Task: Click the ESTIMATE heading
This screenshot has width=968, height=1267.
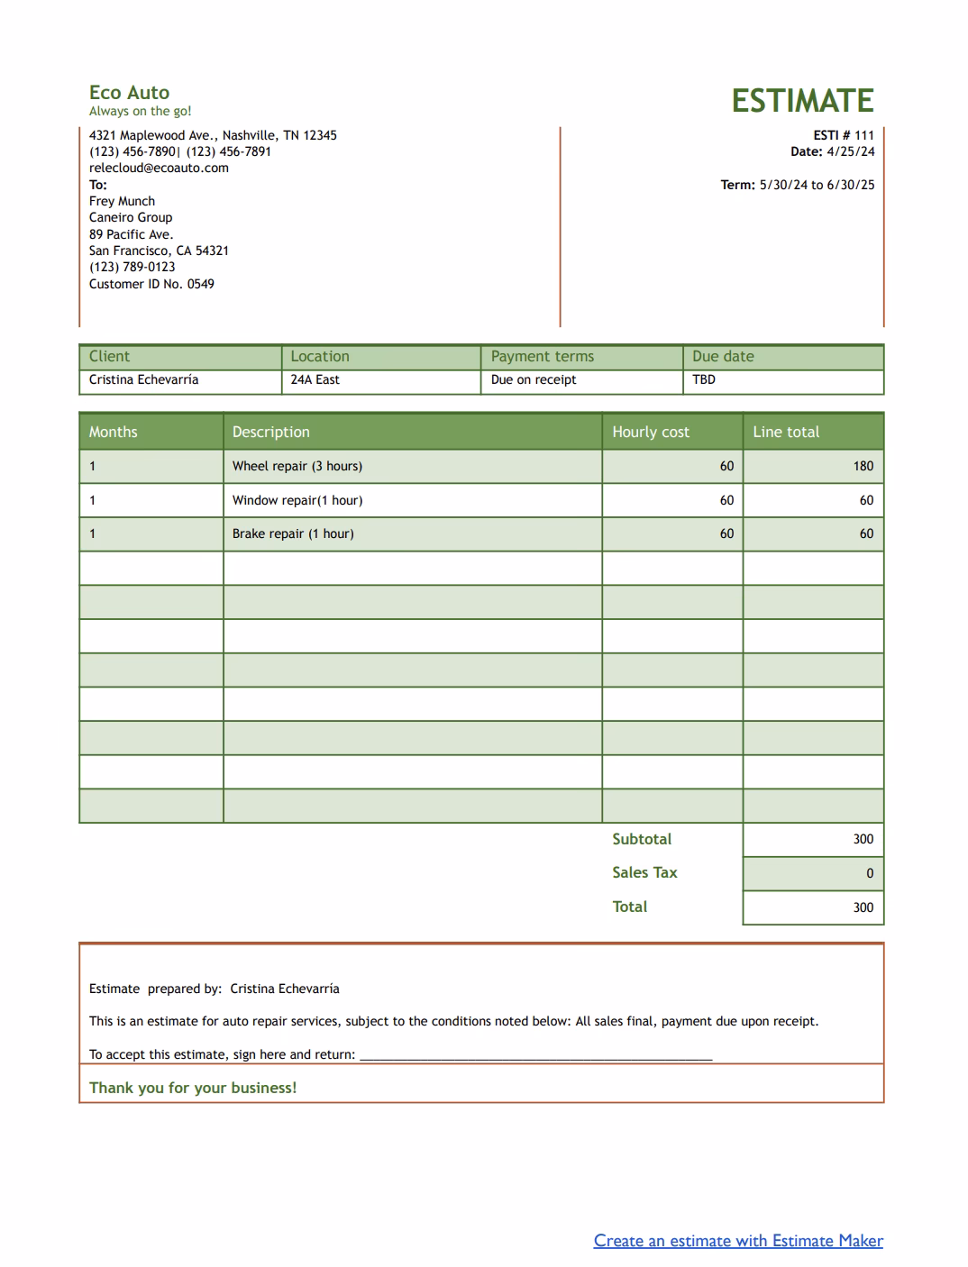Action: click(x=802, y=100)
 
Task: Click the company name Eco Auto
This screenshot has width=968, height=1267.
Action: click(x=129, y=92)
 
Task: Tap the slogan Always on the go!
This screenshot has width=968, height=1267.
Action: click(x=140, y=112)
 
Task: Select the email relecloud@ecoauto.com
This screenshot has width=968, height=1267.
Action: click(x=159, y=168)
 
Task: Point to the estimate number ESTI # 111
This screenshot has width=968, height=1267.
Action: click(x=844, y=135)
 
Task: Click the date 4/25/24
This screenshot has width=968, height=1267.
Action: click(x=850, y=151)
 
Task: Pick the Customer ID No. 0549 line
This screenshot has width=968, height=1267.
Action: click(x=151, y=284)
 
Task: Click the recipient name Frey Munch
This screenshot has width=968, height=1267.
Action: click(x=122, y=201)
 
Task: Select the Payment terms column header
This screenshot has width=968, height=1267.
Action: click(x=543, y=357)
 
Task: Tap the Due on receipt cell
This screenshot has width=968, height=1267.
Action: click(x=534, y=380)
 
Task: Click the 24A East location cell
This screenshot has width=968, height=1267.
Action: click(x=315, y=380)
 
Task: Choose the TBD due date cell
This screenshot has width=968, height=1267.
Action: click(x=704, y=380)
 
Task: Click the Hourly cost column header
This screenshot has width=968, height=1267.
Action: click(x=651, y=433)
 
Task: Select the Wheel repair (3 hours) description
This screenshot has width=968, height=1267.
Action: click(x=297, y=466)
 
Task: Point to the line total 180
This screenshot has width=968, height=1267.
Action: click(x=863, y=466)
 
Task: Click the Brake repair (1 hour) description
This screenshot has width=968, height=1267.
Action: click(x=293, y=533)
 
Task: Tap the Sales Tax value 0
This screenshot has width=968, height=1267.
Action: click(x=869, y=873)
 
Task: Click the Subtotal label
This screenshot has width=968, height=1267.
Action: click(x=642, y=839)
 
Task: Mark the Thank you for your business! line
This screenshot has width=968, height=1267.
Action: click(x=193, y=1088)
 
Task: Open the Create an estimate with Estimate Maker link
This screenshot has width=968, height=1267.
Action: click(x=738, y=1241)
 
